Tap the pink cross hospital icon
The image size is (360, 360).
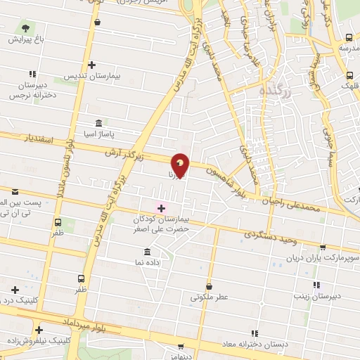click(161, 207)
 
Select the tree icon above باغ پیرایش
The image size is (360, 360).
click(26, 29)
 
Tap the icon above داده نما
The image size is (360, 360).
click(147, 252)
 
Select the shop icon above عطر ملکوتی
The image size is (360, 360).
click(210, 286)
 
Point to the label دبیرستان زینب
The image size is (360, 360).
click(318, 296)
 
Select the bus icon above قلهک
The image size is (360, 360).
click(349, 75)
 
